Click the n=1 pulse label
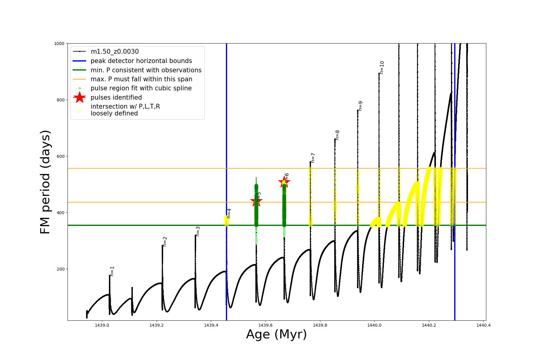tap(112, 271)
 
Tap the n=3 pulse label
tap(198, 231)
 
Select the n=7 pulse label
tap(313, 158)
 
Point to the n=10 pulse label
tap(382, 67)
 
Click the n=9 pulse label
tap(360, 106)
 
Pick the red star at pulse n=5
tap(256, 201)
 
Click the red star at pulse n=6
tap(284, 182)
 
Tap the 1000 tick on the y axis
tap(59, 43)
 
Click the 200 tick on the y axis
tap(60, 269)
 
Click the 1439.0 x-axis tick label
tap(102, 325)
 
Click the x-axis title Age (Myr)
tap(276, 334)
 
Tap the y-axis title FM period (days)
tap(45, 182)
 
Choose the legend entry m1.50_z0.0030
tap(115, 52)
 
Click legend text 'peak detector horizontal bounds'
tap(141, 61)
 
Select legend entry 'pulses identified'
tap(116, 97)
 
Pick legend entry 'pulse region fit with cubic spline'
tap(141, 88)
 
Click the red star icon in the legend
tap(79, 97)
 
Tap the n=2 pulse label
tap(165, 241)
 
